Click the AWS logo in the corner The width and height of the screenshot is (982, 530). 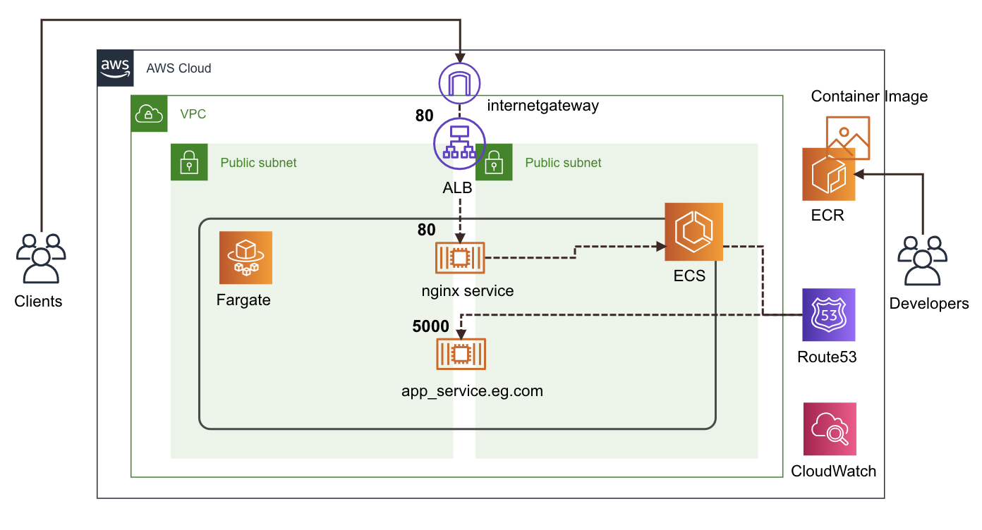[115, 68]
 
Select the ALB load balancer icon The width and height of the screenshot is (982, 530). [459, 143]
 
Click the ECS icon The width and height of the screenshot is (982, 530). [693, 232]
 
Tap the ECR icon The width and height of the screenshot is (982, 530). [828, 175]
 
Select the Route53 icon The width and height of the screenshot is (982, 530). [828, 314]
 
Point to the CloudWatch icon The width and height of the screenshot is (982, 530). [830, 429]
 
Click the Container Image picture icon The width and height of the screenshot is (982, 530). [848, 137]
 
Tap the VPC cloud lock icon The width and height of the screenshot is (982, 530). [150, 113]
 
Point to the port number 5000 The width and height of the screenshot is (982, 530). [430, 326]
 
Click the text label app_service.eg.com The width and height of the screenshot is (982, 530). [472, 391]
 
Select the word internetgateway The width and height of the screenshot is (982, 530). [543, 106]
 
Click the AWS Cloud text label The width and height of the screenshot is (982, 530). [178, 68]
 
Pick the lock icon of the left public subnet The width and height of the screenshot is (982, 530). [189, 162]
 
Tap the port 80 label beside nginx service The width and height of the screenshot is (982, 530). [427, 229]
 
